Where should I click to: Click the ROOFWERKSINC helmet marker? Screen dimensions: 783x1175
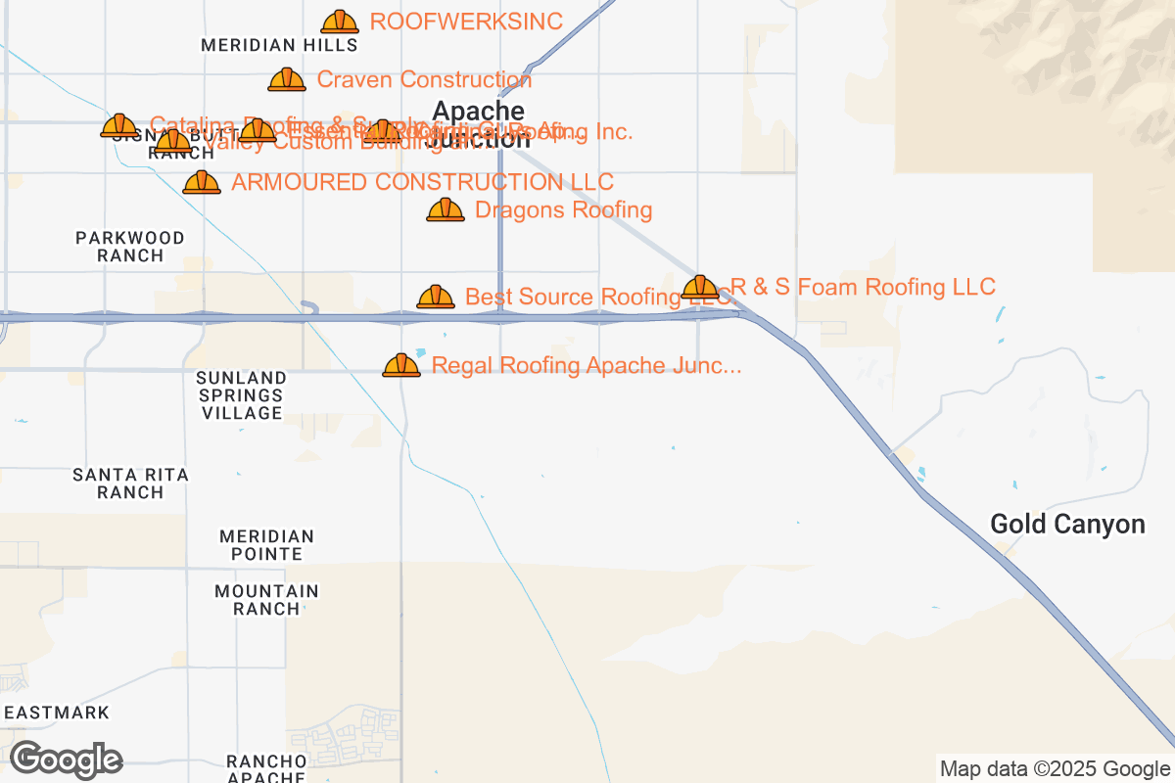(x=340, y=22)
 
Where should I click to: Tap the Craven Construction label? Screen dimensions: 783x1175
(x=424, y=79)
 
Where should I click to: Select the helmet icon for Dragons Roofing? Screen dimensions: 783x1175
(x=446, y=209)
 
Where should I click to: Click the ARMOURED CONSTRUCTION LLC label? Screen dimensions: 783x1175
(x=422, y=182)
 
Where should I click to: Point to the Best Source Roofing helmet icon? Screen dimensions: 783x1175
(x=436, y=297)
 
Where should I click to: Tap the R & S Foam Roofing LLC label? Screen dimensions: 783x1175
(x=863, y=287)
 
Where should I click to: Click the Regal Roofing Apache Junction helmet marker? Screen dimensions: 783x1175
(x=401, y=366)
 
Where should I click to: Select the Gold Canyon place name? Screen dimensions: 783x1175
(x=1067, y=524)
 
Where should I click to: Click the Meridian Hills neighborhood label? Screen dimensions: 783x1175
(x=279, y=45)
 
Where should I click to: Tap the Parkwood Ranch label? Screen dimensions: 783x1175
(x=130, y=247)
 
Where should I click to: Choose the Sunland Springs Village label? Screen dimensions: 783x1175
(x=241, y=395)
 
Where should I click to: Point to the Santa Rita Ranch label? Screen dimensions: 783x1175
(x=130, y=484)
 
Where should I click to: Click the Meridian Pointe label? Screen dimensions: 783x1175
(x=266, y=545)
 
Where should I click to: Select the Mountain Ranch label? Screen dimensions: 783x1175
(x=266, y=600)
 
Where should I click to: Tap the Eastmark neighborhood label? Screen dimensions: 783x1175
(x=57, y=713)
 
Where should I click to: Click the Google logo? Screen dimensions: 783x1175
(x=67, y=760)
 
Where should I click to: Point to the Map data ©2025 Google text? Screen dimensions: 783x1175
(x=1054, y=769)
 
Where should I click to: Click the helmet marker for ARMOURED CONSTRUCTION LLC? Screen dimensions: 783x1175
(x=202, y=182)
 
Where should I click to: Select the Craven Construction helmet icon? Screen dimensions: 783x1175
(x=287, y=79)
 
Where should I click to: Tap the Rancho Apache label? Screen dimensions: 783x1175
(x=266, y=768)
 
